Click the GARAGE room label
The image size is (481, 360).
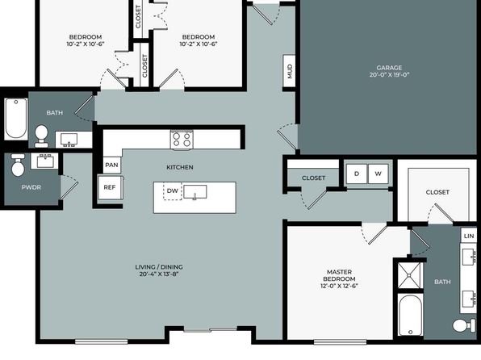click(x=389, y=68)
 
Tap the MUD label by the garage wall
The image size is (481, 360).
click(x=290, y=71)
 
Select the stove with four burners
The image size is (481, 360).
click(x=182, y=140)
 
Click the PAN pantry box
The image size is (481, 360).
click(x=111, y=165)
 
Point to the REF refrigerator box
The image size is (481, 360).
click(x=110, y=187)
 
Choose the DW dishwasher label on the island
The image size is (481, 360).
click(x=173, y=190)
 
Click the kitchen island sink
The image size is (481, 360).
click(x=194, y=192)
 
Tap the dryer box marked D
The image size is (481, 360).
click(x=357, y=174)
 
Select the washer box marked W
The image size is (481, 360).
click(x=378, y=174)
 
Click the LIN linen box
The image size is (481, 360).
click(x=468, y=236)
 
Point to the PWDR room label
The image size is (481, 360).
click(x=31, y=187)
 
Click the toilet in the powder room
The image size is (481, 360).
click(x=18, y=165)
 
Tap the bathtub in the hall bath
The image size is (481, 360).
click(x=16, y=119)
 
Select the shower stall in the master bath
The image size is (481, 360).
click(x=410, y=275)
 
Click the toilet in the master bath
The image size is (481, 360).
click(x=464, y=325)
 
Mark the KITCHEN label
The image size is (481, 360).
click(x=180, y=167)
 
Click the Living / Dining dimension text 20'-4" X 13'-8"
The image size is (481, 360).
click(x=159, y=274)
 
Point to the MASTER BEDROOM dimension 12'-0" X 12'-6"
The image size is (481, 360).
click(x=339, y=286)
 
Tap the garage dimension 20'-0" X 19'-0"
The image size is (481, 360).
click(x=389, y=74)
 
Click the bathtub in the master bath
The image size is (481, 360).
click(x=411, y=315)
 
